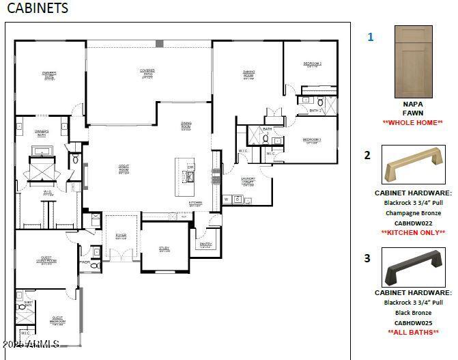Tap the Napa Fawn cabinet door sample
413,62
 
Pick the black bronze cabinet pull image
413,267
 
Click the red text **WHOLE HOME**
413,122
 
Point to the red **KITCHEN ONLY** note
413,232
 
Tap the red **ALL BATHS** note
413,332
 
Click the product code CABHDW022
413,223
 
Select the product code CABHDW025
413,322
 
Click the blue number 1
371,37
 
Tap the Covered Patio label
147,72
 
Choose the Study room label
164,249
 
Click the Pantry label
205,244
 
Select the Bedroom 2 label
312,64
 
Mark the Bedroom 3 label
311,140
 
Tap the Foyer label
121,236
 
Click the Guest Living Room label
46,260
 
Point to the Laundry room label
248,181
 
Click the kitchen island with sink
185,176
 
